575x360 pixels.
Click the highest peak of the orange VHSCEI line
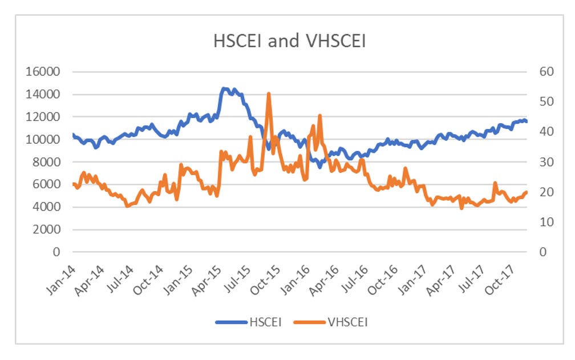tap(268, 94)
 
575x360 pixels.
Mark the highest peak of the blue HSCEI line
tap(224, 88)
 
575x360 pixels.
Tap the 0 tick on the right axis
tap(537, 252)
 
